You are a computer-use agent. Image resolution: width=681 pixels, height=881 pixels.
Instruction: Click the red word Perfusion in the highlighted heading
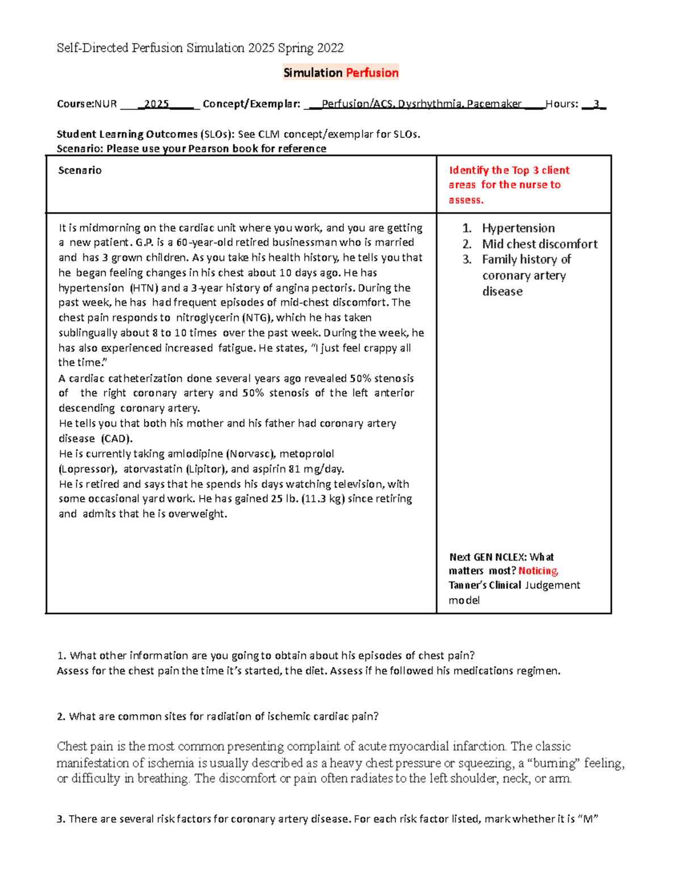click(372, 73)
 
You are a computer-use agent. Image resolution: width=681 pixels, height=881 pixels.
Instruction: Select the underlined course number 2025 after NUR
click(157, 104)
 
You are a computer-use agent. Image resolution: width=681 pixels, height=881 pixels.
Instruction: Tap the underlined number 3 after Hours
click(596, 104)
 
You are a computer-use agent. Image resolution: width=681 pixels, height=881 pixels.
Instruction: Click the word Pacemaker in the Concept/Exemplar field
click(494, 104)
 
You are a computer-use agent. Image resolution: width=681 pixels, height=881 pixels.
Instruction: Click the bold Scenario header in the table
click(80, 170)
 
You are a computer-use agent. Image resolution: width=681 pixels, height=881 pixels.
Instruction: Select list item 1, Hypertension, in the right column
click(518, 228)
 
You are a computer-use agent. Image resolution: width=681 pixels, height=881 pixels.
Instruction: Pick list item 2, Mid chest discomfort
click(539, 244)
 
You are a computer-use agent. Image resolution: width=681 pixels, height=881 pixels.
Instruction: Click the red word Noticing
click(538, 571)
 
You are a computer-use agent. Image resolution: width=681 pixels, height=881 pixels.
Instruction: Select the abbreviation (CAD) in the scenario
click(117, 439)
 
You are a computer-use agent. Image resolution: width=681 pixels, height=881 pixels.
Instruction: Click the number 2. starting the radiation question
click(61, 716)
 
